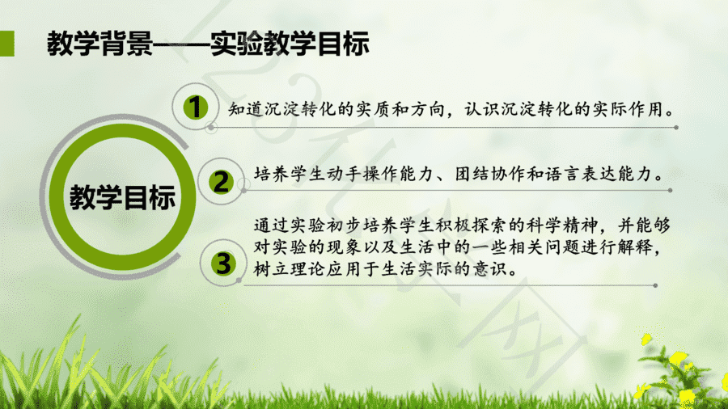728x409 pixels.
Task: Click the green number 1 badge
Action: coord(195,108)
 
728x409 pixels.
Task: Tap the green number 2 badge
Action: coord(221,181)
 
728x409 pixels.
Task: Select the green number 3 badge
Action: coord(223,264)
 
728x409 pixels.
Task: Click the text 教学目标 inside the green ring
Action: coord(123,196)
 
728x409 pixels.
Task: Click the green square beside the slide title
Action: coord(7,44)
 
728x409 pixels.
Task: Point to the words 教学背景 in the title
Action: coord(99,44)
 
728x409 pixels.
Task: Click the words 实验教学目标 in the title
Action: coord(290,44)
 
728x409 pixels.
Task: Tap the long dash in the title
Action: coord(181,44)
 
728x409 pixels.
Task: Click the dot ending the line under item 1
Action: coord(676,127)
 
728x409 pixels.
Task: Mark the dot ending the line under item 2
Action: coord(670,190)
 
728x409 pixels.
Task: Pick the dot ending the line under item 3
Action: coord(655,285)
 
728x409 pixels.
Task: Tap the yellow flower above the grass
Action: coord(677,357)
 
